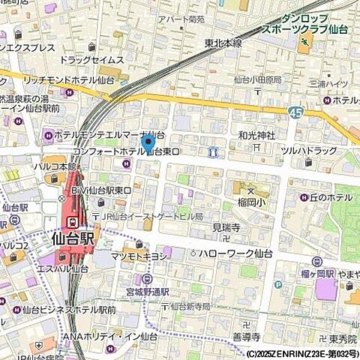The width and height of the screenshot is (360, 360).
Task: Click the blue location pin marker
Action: tap(148, 141)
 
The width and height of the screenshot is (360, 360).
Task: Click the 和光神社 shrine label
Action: tap(256, 135)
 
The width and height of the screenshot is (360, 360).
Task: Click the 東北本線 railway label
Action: tap(223, 43)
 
